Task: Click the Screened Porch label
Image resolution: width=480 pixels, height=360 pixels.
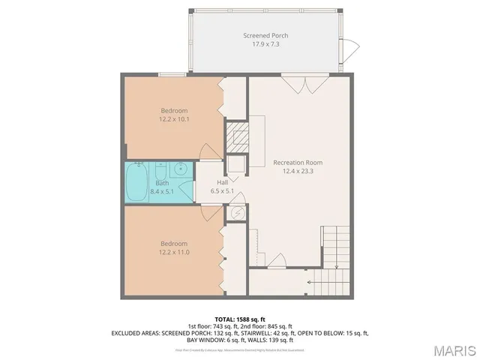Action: pyautogui.click(x=265, y=35)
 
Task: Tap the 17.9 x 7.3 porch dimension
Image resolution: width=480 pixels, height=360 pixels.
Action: pyautogui.click(x=265, y=44)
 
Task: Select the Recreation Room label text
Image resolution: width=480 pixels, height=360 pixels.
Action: pyautogui.click(x=297, y=162)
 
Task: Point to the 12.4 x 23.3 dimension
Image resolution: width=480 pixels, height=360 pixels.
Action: pyautogui.click(x=297, y=171)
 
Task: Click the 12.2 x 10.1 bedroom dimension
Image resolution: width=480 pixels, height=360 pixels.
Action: pyautogui.click(x=173, y=118)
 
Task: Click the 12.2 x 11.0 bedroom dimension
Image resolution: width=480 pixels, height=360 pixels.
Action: pyautogui.click(x=173, y=252)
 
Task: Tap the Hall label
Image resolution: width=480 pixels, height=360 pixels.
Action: pyautogui.click(x=223, y=182)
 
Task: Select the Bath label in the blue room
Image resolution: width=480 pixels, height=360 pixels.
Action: pyautogui.click(x=162, y=183)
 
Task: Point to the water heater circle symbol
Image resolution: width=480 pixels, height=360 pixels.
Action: pyautogui.click(x=236, y=213)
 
